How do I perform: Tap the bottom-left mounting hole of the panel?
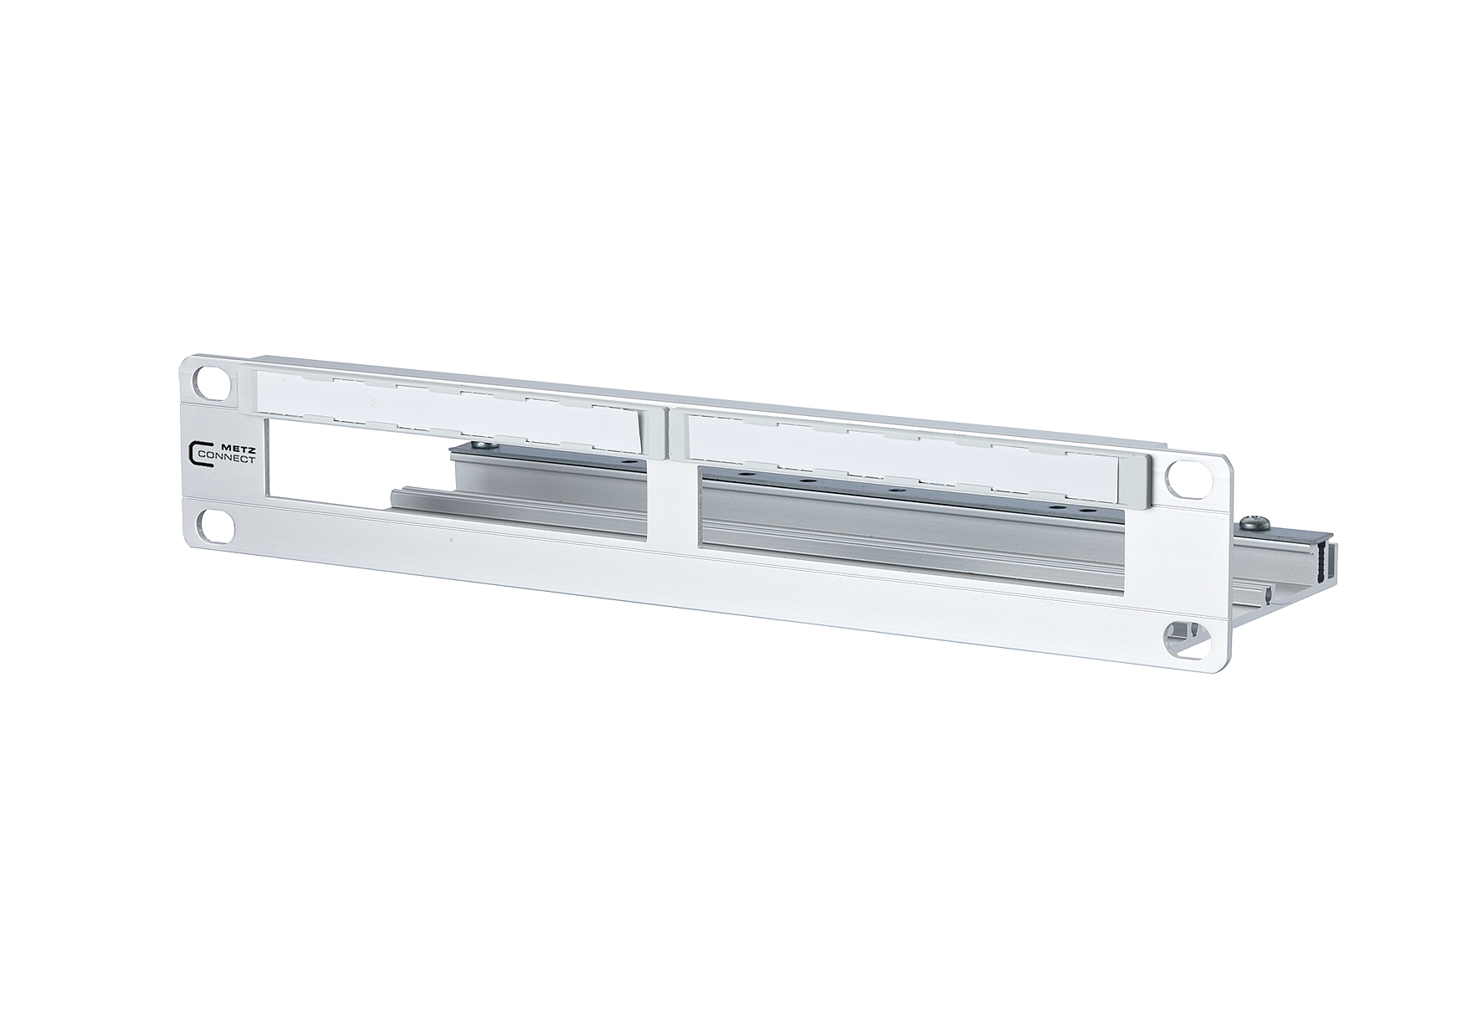point(213,526)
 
